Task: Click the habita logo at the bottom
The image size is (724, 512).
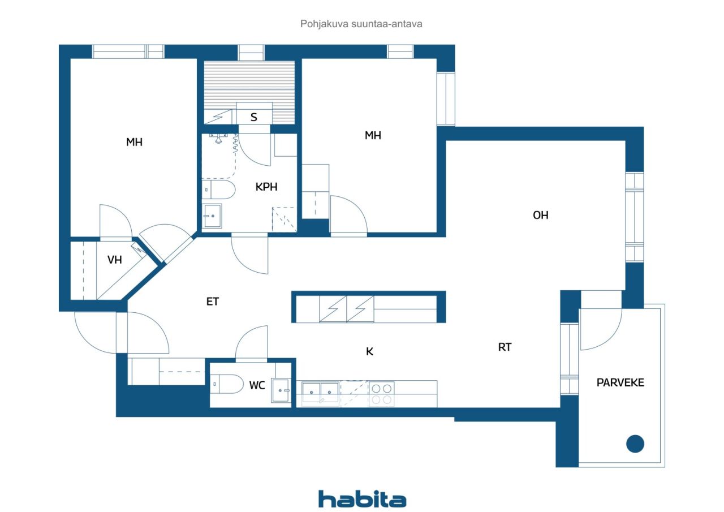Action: pyautogui.click(x=362, y=499)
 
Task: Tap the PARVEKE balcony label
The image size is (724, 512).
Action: pyautogui.click(x=620, y=382)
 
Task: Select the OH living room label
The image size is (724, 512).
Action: pyautogui.click(x=540, y=216)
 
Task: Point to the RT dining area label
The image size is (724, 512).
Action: pyautogui.click(x=505, y=347)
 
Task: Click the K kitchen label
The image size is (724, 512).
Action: pyautogui.click(x=369, y=352)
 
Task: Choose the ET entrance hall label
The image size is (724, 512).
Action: pyautogui.click(x=212, y=302)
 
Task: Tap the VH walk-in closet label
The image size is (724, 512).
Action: pyautogui.click(x=114, y=260)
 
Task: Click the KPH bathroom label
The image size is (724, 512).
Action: pyautogui.click(x=266, y=187)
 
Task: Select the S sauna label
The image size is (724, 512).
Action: pyautogui.click(x=254, y=117)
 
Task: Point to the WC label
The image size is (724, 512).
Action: pyautogui.click(x=257, y=385)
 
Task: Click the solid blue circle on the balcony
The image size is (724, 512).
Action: pyautogui.click(x=635, y=444)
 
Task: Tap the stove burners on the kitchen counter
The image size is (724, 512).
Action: pyautogui.click(x=381, y=394)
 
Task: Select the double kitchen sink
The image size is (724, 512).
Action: pyautogui.click(x=320, y=393)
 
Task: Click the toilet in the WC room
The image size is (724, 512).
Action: pyautogui.click(x=227, y=384)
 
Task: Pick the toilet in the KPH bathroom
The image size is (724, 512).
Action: pyautogui.click(x=218, y=190)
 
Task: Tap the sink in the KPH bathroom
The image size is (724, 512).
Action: pyautogui.click(x=212, y=216)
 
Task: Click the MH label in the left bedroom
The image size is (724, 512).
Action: pyautogui.click(x=134, y=142)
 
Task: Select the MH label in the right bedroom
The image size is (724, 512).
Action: pyautogui.click(x=373, y=135)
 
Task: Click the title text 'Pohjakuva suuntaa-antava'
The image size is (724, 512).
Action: pyautogui.click(x=361, y=24)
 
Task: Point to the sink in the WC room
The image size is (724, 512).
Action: pyautogui.click(x=281, y=390)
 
